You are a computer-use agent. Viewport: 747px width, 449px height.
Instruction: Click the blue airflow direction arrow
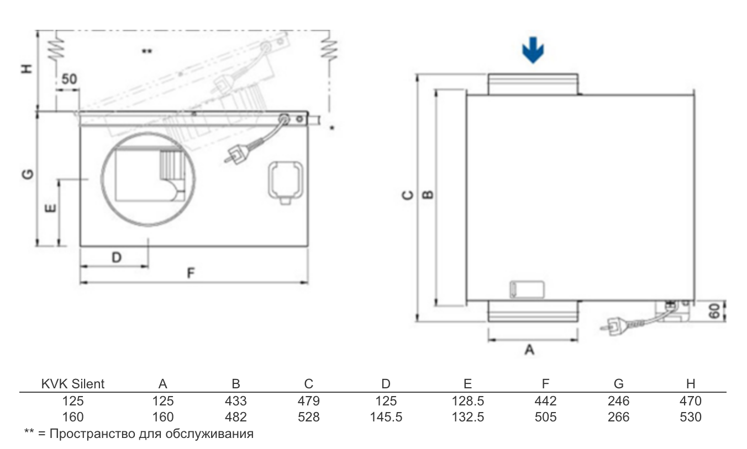point(533,50)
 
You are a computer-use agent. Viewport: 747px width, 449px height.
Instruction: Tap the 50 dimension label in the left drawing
point(70,79)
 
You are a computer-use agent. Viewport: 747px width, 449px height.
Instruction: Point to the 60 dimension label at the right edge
point(714,311)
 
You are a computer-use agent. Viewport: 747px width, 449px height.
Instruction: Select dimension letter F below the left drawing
point(191,273)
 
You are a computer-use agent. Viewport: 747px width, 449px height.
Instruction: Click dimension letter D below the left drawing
point(117,257)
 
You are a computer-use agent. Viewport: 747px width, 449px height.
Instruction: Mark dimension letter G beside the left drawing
point(28,174)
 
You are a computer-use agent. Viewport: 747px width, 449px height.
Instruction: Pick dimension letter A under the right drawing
point(529,350)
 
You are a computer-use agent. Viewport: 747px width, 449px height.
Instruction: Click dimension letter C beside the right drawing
point(408,195)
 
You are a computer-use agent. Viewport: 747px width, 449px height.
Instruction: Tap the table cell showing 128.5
point(467,401)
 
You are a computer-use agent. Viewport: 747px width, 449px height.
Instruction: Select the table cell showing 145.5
point(386,417)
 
